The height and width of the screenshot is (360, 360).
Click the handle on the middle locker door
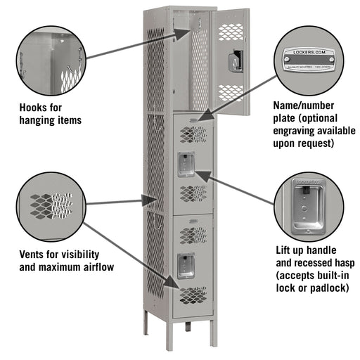[186, 163]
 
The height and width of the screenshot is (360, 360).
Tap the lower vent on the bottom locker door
[192, 292]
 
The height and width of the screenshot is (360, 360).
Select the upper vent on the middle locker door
[192, 133]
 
